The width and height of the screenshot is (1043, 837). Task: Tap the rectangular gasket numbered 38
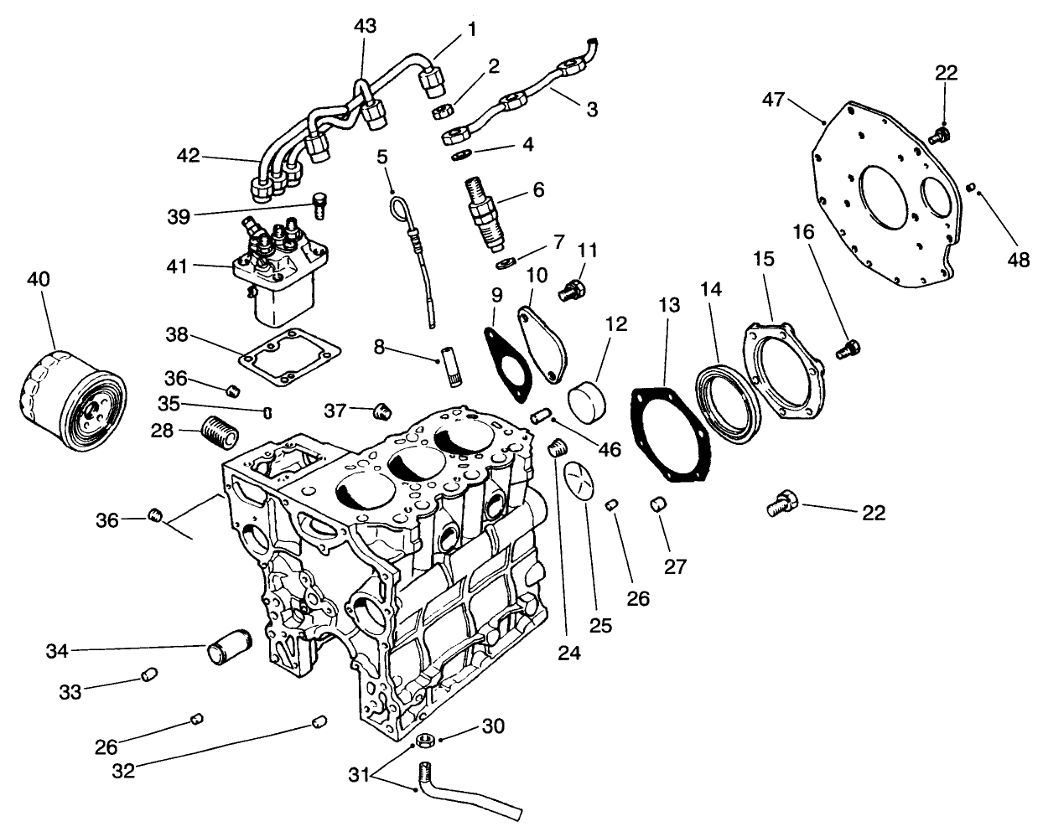pos(289,361)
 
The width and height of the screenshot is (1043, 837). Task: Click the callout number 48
pos(1018,261)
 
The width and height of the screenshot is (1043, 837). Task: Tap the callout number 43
pos(365,27)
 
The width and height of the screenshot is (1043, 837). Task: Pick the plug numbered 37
pos(382,411)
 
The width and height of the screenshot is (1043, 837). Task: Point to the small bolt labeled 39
pos(319,202)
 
